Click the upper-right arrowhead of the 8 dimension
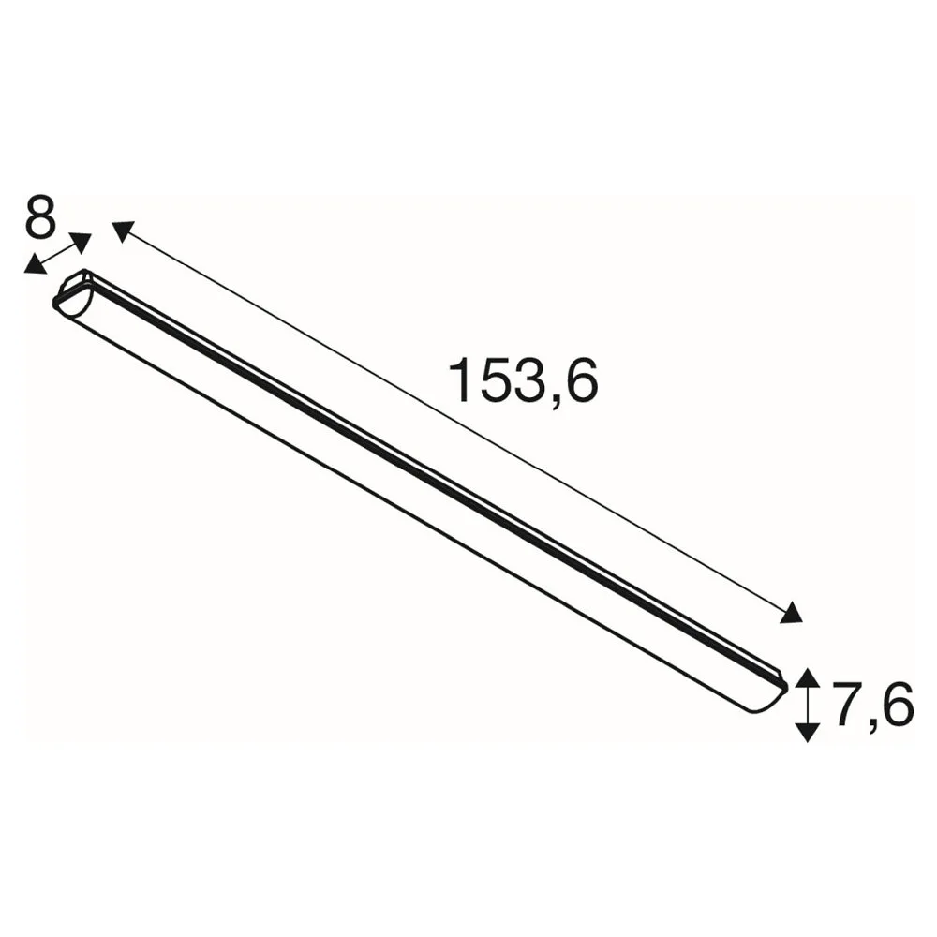click(x=81, y=242)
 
